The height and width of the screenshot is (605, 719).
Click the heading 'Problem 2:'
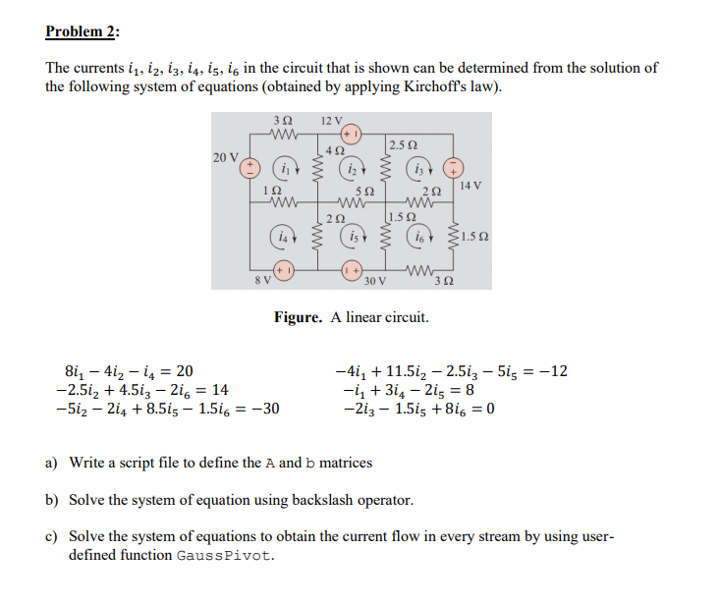[83, 31]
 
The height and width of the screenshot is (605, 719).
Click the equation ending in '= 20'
[129, 371]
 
